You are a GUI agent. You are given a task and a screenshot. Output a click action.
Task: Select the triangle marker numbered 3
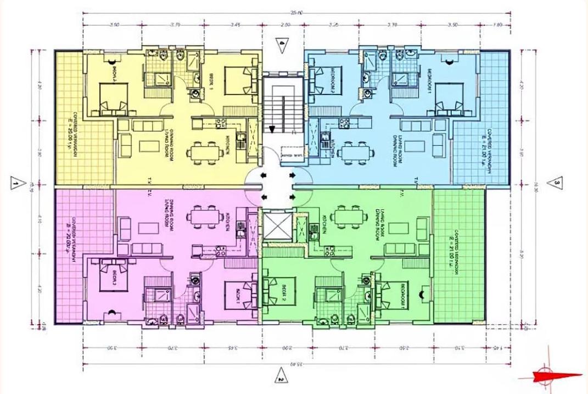pyautogui.click(x=556, y=182)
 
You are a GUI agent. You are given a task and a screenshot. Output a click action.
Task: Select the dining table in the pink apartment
pyautogui.click(x=204, y=218)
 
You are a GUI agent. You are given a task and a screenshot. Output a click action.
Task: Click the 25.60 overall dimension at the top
pyautogui.click(x=298, y=13)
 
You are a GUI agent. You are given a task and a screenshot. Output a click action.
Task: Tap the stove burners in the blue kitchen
pyautogui.click(x=345, y=122)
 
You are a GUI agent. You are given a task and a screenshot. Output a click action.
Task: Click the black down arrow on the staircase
pyautogui.click(x=271, y=129)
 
